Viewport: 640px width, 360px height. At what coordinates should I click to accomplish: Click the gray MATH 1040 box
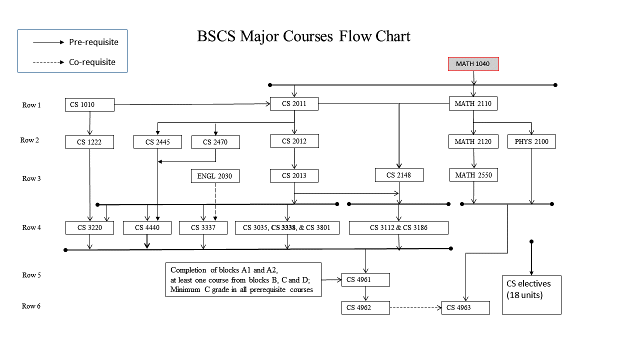point(473,64)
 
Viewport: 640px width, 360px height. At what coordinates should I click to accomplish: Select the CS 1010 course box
point(89,105)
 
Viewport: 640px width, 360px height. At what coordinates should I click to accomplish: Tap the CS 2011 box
point(294,104)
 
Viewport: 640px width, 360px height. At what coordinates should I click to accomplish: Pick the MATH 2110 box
point(473,104)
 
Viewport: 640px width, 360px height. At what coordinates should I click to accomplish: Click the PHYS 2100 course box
point(531,141)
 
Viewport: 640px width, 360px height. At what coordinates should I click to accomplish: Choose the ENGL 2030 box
point(215,176)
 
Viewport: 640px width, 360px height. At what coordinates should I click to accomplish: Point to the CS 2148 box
point(399,175)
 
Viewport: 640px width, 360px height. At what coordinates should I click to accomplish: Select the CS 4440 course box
point(147,228)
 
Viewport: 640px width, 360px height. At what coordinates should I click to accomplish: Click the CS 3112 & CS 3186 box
point(398,228)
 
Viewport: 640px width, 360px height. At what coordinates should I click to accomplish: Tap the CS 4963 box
point(465,307)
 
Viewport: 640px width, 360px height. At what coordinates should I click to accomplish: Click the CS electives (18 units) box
point(531,294)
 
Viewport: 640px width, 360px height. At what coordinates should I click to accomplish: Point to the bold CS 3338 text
point(283,228)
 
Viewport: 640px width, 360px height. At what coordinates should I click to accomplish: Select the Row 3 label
point(31,178)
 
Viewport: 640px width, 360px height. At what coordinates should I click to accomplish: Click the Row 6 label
point(31,306)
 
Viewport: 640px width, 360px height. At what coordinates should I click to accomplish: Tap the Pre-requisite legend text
point(93,42)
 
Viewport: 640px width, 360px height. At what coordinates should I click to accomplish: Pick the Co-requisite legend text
point(92,62)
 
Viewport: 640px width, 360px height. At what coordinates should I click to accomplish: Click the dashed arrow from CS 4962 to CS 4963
point(415,307)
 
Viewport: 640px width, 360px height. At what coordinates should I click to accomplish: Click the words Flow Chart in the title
point(374,36)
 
